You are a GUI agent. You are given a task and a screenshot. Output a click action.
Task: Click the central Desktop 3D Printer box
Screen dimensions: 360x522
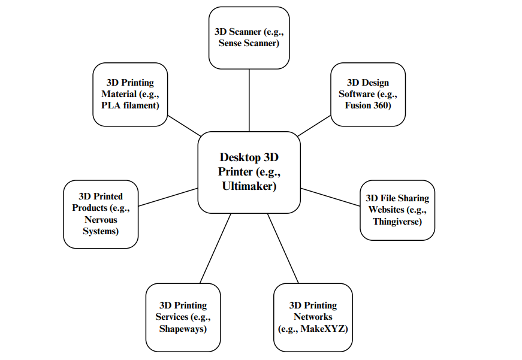coord(249,172)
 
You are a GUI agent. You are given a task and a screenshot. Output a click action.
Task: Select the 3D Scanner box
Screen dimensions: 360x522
coord(249,37)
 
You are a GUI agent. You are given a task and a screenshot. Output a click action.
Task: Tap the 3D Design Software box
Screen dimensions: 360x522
coord(367,94)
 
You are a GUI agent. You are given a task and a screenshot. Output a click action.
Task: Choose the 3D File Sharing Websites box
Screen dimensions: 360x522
coord(397,210)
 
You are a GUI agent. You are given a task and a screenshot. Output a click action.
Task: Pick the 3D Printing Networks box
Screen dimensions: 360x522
coord(313,317)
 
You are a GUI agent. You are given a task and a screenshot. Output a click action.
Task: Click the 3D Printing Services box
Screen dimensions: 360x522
coord(183,317)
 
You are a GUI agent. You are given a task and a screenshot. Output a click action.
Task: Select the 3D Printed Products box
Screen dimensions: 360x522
coord(101,214)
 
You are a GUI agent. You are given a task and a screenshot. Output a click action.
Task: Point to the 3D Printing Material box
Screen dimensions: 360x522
coord(130,94)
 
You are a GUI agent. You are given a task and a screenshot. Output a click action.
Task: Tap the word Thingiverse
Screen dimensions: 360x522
coord(397,222)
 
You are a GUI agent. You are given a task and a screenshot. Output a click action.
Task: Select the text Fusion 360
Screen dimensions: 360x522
coord(367,106)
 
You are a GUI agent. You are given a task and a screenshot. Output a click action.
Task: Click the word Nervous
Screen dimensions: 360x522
coord(101,220)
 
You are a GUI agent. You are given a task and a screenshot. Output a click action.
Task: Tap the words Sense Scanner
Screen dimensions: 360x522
coord(249,43)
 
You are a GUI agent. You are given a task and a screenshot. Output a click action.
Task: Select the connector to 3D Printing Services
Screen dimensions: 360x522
coord(215,248)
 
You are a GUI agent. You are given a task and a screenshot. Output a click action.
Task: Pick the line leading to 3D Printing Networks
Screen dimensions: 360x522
coord(283,248)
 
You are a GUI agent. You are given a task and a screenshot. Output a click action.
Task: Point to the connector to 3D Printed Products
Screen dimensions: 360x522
coord(168,196)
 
